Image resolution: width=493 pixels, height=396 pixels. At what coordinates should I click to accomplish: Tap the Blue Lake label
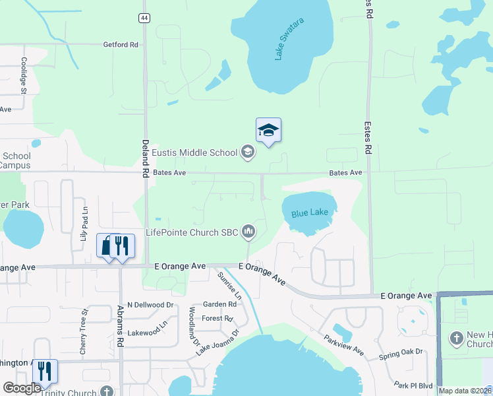309,214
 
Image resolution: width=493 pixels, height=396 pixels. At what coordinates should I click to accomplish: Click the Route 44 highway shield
144,18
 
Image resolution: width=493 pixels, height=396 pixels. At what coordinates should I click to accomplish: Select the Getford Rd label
121,45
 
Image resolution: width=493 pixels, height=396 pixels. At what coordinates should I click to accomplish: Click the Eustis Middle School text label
194,153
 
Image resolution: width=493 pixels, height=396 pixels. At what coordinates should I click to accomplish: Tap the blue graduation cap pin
268,130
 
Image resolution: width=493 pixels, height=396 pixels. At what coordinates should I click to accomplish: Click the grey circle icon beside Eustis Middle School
248,153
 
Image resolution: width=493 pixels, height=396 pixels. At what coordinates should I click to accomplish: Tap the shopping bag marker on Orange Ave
107,246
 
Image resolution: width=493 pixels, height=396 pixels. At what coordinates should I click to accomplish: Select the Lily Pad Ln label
84,223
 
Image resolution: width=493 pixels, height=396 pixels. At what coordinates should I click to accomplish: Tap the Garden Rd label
219,304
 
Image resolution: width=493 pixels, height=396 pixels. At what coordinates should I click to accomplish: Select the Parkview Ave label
343,345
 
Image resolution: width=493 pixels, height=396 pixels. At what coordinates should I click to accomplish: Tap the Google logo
22,388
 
